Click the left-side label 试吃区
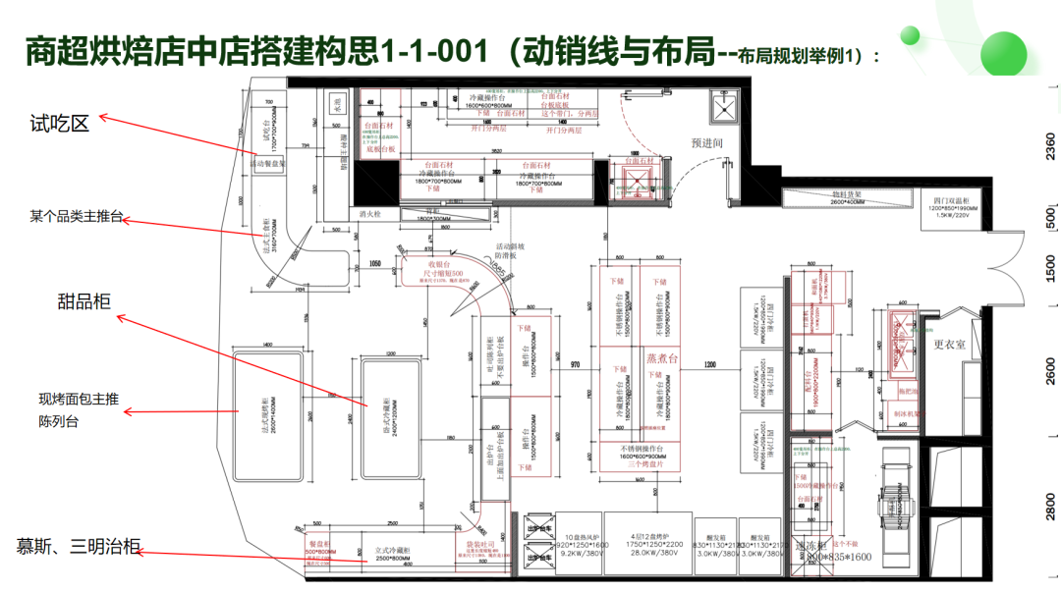pos(59,123)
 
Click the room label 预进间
pos(706,143)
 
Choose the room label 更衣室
pos(951,345)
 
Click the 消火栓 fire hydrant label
pos(369,213)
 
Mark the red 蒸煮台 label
pos(661,358)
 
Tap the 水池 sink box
pos(337,100)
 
